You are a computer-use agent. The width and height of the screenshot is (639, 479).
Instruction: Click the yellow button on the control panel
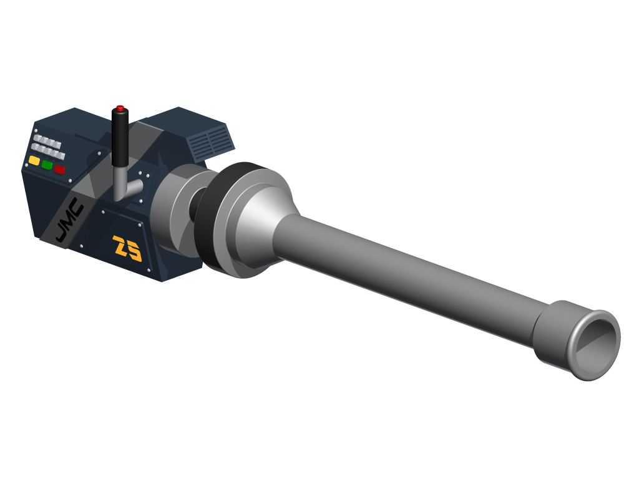pyautogui.click(x=34, y=160)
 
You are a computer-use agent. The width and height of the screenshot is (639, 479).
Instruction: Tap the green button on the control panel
pyautogui.click(x=47, y=165)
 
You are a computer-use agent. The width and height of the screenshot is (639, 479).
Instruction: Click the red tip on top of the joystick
pyautogui.click(x=120, y=108)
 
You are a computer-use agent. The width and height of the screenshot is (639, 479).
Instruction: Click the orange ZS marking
pyautogui.click(x=127, y=248)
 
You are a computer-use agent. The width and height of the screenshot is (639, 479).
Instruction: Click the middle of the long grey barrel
pyautogui.click(x=407, y=277)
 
